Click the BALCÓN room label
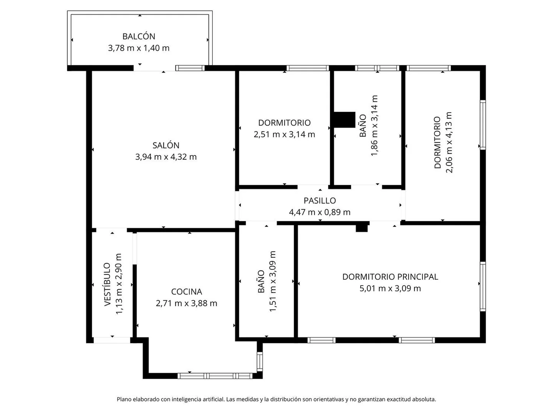[139, 36]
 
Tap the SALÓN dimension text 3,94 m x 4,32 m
[166, 157]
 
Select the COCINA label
[186, 292]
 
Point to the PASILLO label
[320, 201]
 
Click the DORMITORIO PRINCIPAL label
[390, 277]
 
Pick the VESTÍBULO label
[108, 284]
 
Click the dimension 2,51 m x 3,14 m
[284, 134]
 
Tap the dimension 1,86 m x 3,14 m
[374, 126]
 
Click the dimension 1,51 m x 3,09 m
[273, 281]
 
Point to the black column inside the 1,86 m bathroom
[344, 120]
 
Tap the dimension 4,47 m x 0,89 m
[320, 212]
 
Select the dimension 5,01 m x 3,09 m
[390, 288]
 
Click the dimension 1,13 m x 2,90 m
[119, 284]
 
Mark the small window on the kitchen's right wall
[260, 362]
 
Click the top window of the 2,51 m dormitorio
[308, 68]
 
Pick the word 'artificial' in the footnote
[212, 399]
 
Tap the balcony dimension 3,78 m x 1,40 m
[139, 48]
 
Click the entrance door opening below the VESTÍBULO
[112, 340]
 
